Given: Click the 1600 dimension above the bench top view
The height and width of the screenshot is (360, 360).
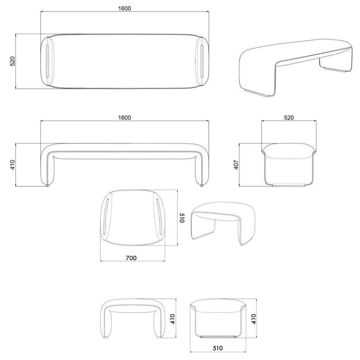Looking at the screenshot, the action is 125,9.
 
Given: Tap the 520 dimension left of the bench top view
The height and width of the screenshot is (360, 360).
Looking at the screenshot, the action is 13,61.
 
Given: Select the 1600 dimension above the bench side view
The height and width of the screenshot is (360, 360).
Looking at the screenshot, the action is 125,118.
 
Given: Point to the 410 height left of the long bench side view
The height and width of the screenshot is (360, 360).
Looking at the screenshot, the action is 13,165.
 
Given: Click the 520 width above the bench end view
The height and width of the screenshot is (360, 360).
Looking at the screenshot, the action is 289,118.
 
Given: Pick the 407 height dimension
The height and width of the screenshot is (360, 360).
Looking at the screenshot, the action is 237,165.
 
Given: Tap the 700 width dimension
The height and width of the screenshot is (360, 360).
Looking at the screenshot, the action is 131,258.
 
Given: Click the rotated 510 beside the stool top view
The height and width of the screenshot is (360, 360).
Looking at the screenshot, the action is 182,218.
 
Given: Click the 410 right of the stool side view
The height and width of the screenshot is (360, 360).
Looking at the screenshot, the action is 173,319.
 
